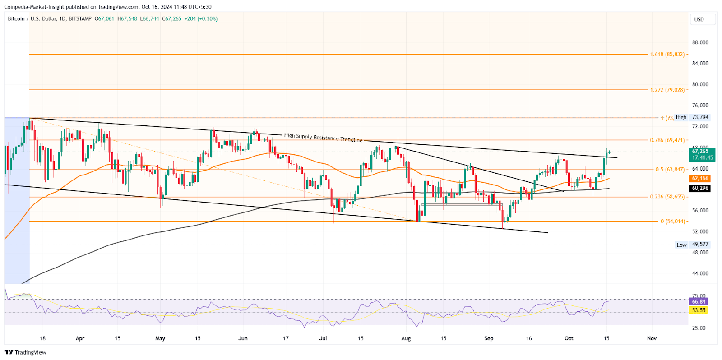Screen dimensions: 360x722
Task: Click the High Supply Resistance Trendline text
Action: (x=323, y=137)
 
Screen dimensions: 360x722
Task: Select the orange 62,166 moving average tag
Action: (x=700, y=179)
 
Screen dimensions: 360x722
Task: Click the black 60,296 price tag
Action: (x=700, y=188)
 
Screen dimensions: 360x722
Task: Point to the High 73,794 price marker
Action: (x=692, y=117)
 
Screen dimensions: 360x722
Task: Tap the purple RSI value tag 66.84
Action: (x=699, y=301)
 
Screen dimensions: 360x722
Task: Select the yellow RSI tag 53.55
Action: (x=699, y=310)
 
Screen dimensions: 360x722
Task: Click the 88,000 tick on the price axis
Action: (x=700, y=42)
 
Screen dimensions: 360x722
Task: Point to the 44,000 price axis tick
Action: (x=700, y=273)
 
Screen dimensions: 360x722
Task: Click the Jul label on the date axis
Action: (x=323, y=338)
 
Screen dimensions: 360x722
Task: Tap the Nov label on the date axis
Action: (x=652, y=338)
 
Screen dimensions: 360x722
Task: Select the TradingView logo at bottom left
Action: (x=26, y=352)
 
